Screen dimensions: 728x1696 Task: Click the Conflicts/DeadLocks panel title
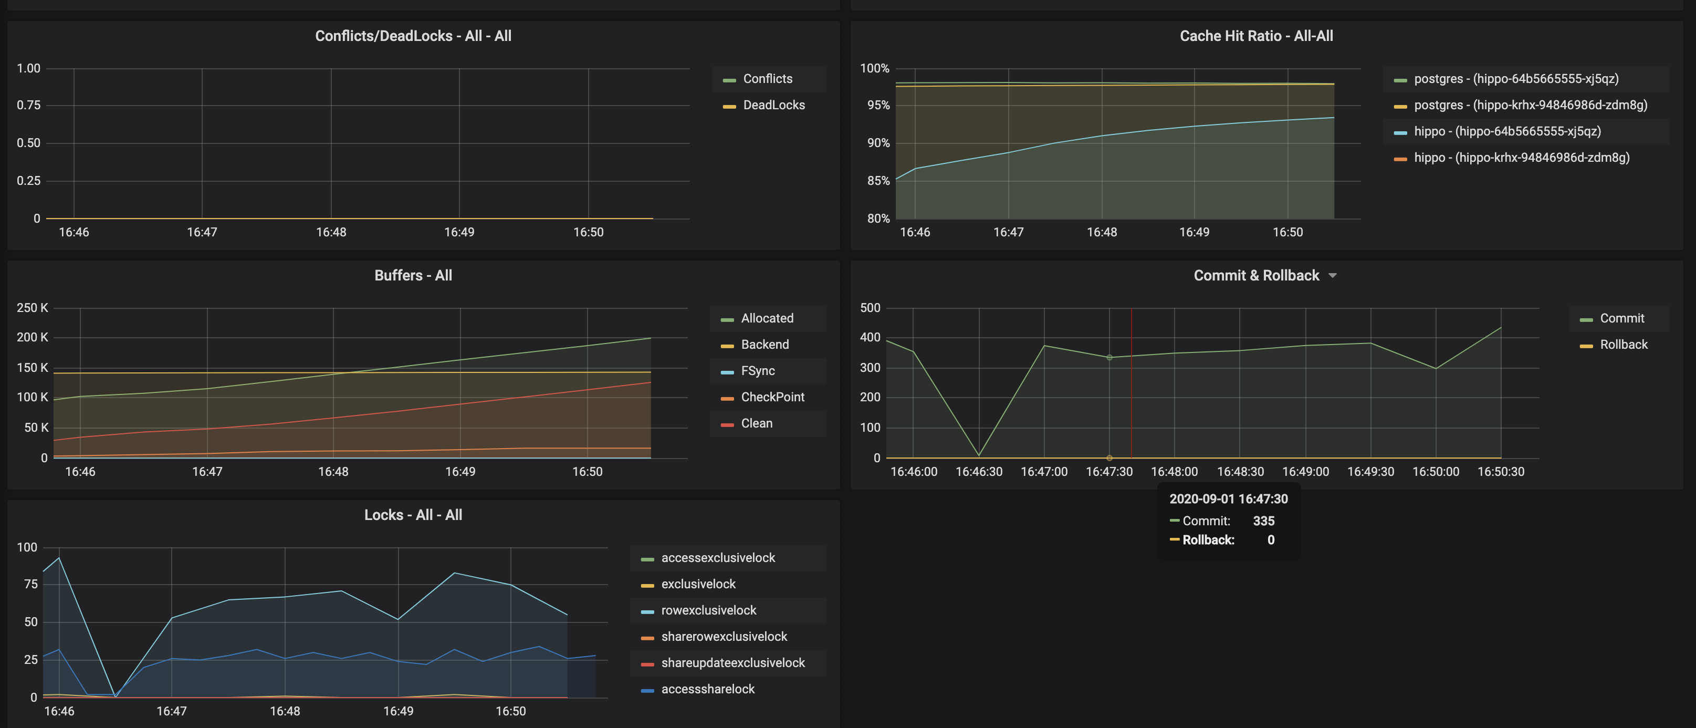click(x=413, y=36)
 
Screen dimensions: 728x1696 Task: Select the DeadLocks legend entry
click(x=773, y=105)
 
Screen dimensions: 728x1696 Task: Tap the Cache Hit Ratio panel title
click(x=1255, y=36)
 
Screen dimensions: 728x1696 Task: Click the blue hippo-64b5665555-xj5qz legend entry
click(x=1506, y=131)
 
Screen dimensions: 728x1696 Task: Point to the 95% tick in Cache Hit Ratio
click(x=877, y=106)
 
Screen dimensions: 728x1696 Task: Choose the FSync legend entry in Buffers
click(x=757, y=371)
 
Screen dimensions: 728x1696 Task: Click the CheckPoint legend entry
click(x=772, y=397)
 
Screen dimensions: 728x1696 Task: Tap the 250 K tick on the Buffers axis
click(x=32, y=308)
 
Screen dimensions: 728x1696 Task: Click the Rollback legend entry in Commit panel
click(x=1623, y=345)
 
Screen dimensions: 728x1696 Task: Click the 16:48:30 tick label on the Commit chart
click(x=1240, y=472)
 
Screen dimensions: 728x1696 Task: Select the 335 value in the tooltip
click(x=1263, y=521)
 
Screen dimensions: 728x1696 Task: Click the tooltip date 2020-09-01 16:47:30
click(x=1228, y=499)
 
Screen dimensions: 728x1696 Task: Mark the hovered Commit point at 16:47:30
click(x=1109, y=358)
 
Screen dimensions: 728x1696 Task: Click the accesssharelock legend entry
click(x=708, y=689)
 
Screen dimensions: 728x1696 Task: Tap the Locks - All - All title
click(x=413, y=515)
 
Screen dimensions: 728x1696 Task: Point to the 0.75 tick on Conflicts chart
click(x=28, y=106)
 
